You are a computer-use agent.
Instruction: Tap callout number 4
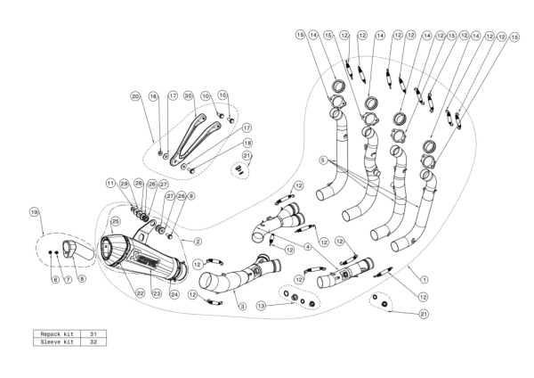pos(309,246)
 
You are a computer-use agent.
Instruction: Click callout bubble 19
pos(35,212)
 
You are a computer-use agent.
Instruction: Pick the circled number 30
pos(189,94)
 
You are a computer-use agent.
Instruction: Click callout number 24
pos(174,293)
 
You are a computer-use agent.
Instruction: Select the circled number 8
pos(83,280)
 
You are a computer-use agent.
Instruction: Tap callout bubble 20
pos(135,95)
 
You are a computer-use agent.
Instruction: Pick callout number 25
pos(115,220)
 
